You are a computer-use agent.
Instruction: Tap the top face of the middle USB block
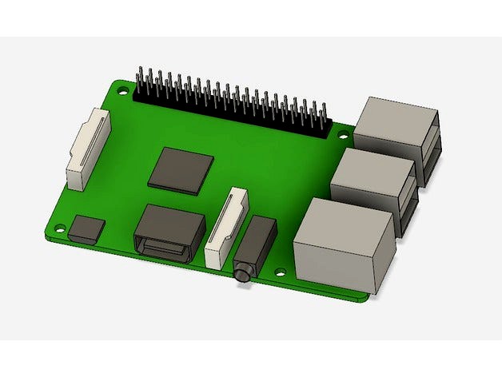coord(373,169)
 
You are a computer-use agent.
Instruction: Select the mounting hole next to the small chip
coord(54,226)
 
